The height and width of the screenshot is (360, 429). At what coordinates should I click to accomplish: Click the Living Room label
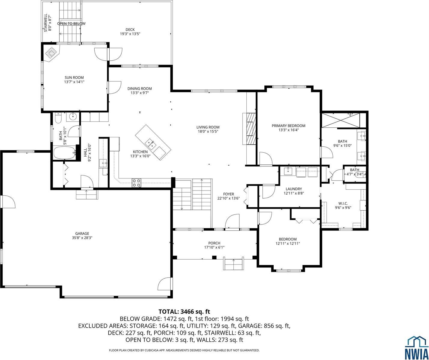(208, 127)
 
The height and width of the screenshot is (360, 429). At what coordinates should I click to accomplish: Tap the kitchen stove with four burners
(136, 183)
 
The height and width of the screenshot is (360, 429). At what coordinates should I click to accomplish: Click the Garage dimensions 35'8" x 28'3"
(82, 238)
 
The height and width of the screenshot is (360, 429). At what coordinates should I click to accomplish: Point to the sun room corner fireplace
(51, 53)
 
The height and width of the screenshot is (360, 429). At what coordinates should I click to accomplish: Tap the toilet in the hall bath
(58, 117)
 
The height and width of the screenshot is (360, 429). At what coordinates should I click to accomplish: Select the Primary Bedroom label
(288, 126)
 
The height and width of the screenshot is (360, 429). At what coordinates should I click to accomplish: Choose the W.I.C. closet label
(343, 203)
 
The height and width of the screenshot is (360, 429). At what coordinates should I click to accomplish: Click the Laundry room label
(294, 189)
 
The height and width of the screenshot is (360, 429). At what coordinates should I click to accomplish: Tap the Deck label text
(130, 29)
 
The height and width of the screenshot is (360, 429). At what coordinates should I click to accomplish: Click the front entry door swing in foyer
(232, 222)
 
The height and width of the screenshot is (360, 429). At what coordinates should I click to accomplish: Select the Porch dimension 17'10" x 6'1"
(214, 248)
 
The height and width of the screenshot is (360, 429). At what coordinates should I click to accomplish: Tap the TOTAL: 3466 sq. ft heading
(186, 312)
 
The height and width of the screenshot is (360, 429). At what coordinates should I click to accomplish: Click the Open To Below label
(71, 23)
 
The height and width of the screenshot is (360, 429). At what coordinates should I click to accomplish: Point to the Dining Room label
(139, 89)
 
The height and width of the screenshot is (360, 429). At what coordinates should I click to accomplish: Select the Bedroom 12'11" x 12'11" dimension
(288, 244)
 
